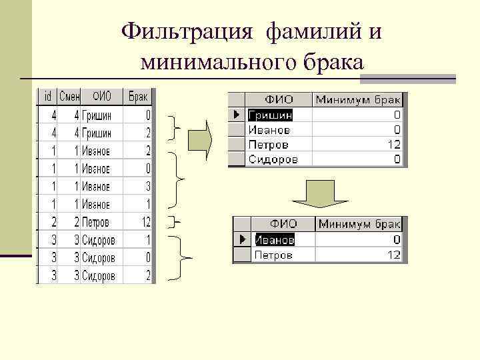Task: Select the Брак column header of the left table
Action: coord(138,97)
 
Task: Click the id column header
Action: coord(47,97)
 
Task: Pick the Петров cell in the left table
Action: coord(95,222)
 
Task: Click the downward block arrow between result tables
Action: coord(321,194)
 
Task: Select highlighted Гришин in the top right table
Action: coord(270,115)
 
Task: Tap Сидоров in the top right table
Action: coord(273,159)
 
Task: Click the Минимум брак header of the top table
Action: coord(359,100)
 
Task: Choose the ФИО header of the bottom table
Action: coord(283,224)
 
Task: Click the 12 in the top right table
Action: coord(393,145)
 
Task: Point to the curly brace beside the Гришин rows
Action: coord(176,125)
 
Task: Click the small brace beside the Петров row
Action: coord(175,222)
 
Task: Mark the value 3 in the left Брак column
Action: coord(147,187)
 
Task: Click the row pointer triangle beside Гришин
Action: coord(237,115)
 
